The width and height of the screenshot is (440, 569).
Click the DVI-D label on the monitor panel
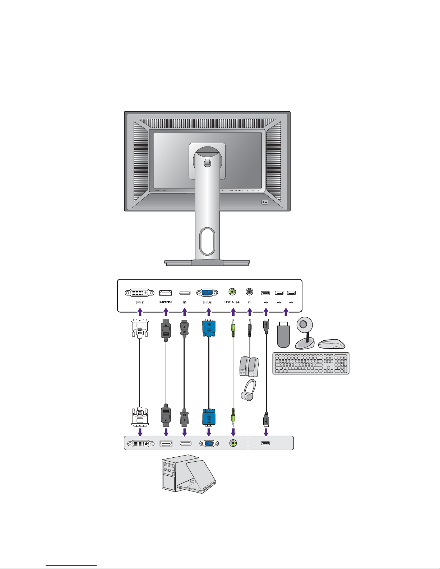point(140,302)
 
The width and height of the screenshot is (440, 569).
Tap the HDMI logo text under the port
point(166,302)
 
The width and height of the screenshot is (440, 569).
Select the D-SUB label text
point(207,302)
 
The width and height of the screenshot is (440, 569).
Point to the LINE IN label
point(230,302)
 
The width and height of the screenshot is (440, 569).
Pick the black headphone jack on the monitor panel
point(249,292)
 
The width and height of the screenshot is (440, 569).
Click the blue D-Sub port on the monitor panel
point(207,293)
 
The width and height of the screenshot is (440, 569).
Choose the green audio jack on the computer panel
point(233,443)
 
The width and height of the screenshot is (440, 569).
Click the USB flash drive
point(283,336)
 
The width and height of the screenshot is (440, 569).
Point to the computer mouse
point(332,344)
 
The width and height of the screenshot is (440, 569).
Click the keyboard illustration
point(311,364)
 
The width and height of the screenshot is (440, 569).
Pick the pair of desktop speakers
point(249,367)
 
